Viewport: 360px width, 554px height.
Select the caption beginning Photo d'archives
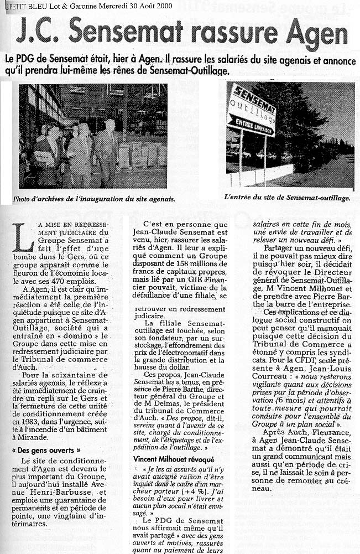click(x=97, y=198)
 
